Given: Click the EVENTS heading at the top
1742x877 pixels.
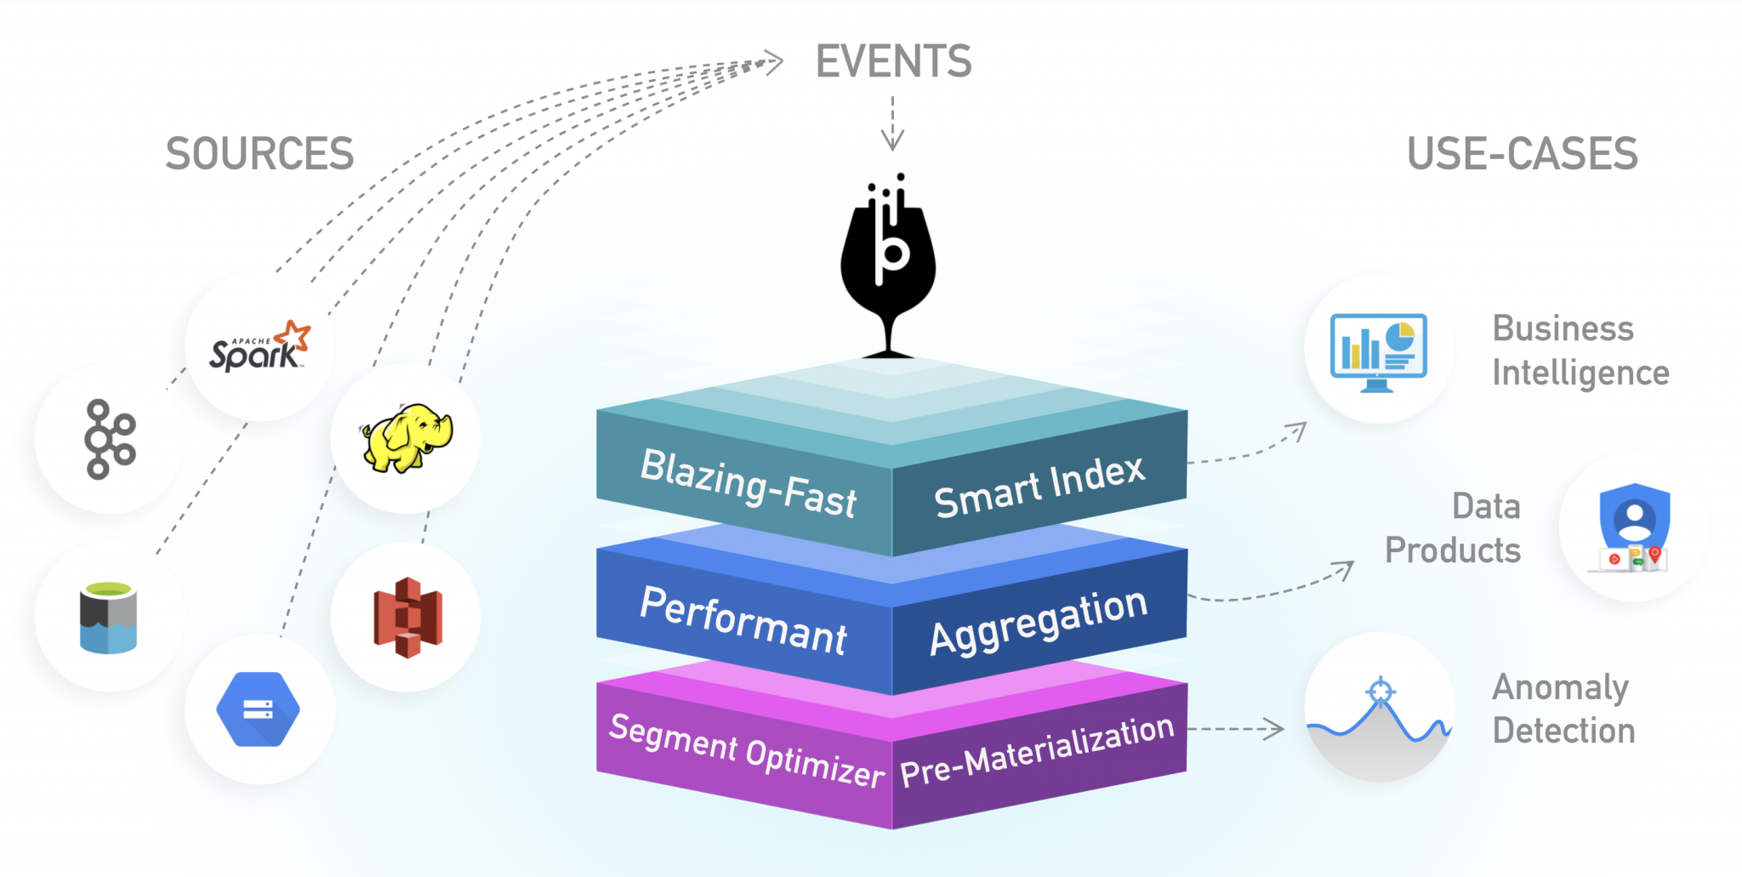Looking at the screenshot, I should pyautogui.click(x=893, y=61).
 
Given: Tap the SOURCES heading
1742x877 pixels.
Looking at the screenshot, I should pyautogui.click(x=259, y=154).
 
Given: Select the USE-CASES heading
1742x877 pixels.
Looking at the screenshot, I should pyautogui.click(x=1522, y=154).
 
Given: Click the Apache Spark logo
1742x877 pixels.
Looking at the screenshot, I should pyautogui.click(x=259, y=347).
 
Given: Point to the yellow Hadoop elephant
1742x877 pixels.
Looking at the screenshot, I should pyautogui.click(x=407, y=438).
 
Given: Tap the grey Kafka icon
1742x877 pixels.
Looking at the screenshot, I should pyautogui.click(x=110, y=439).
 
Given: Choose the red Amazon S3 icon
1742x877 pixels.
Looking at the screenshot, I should pyautogui.click(x=407, y=618).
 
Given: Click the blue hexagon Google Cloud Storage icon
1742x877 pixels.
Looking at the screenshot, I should pyautogui.click(x=258, y=709).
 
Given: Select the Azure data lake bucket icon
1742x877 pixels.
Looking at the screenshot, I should pyautogui.click(x=108, y=618).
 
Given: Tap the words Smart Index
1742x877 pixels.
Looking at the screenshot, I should pyautogui.click(x=1039, y=487).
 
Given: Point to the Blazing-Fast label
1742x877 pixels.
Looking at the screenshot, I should pyautogui.click(x=748, y=482).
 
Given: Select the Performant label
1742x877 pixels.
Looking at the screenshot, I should pyautogui.click(x=743, y=620).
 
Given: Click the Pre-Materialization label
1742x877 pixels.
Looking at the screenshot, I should pyautogui.click(x=1037, y=751).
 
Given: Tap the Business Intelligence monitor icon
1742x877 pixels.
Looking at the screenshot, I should pyautogui.click(x=1378, y=351).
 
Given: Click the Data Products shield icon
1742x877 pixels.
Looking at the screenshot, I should pyautogui.click(x=1633, y=527).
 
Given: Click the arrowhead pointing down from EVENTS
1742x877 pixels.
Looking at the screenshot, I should pyautogui.click(x=892, y=140).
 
